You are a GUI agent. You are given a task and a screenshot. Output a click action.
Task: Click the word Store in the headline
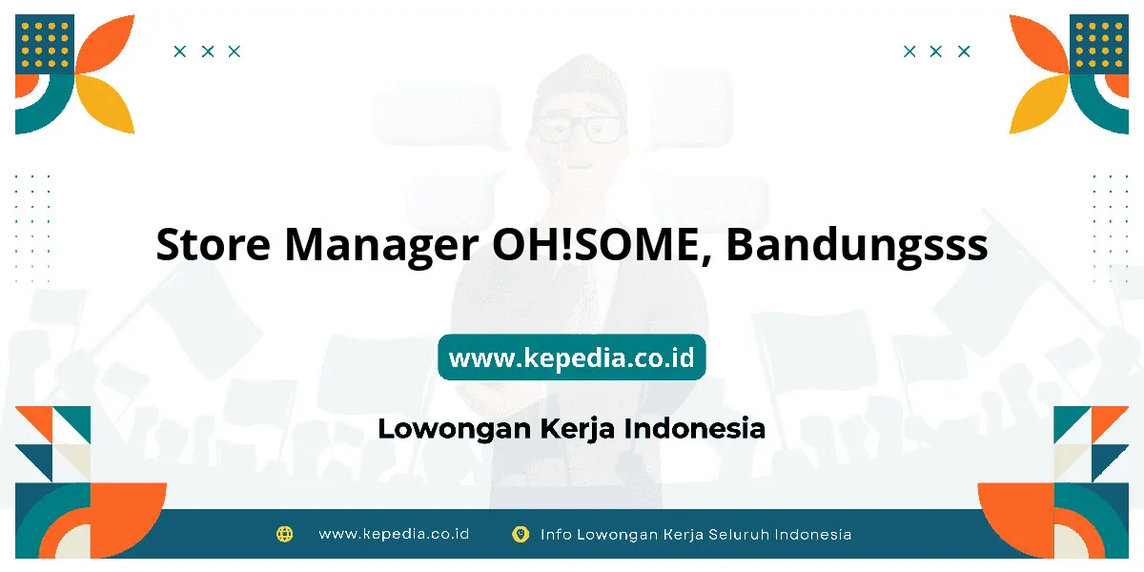(213, 245)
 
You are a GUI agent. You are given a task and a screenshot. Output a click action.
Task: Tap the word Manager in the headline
(381, 248)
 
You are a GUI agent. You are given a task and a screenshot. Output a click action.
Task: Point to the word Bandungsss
(857, 247)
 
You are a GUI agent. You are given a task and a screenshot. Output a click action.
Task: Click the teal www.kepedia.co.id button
(571, 357)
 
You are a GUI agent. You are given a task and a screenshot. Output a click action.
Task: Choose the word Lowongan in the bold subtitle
(455, 429)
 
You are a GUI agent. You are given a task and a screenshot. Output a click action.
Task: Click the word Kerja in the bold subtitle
(577, 429)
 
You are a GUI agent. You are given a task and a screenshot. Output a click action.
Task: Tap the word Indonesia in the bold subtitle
(695, 428)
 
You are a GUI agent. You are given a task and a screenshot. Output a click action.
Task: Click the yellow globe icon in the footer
(284, 534)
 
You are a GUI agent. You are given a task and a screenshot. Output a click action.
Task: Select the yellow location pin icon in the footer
(521, 534)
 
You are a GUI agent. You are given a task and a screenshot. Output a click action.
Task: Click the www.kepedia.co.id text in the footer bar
(394, 534)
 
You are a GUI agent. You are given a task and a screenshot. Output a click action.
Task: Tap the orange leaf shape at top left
(106, 44)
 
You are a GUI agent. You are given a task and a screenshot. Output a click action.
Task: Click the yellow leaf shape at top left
(106, 104)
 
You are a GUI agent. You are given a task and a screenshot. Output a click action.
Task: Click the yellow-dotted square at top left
(45, 44)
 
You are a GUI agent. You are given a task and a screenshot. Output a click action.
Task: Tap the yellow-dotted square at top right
(1099, 44)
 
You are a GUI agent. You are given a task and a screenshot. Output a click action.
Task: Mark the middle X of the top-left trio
(208, 51)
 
